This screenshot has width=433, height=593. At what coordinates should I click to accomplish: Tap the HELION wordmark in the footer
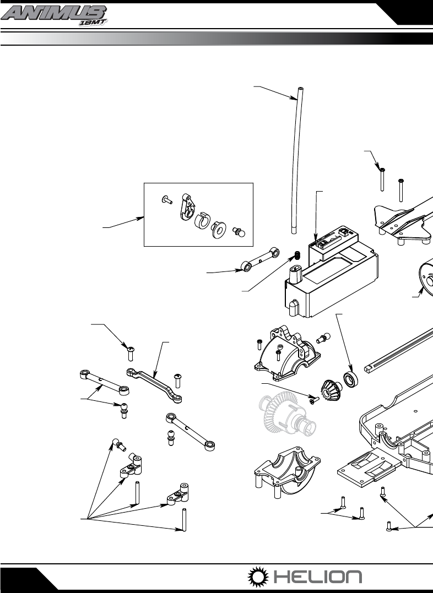click(x=318, y=576)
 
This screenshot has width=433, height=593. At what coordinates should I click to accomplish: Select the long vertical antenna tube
click(x=297, y=161)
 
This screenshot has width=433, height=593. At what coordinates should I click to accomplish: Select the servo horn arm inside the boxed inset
click(x=188, y=206)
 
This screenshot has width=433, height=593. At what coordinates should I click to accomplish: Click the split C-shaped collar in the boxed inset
click(x=202, y=221)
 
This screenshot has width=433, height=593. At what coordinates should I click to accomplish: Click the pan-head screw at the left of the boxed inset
click(x=166, y=199)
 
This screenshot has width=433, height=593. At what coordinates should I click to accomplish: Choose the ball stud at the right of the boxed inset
click(x=239, y=231)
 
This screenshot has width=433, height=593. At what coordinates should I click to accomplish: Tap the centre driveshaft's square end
click(x=370, y=368)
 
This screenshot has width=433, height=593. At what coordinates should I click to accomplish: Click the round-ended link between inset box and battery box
click(x=261, y=260)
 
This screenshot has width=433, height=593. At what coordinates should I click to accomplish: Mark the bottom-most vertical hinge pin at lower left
click(x=184, y=520)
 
